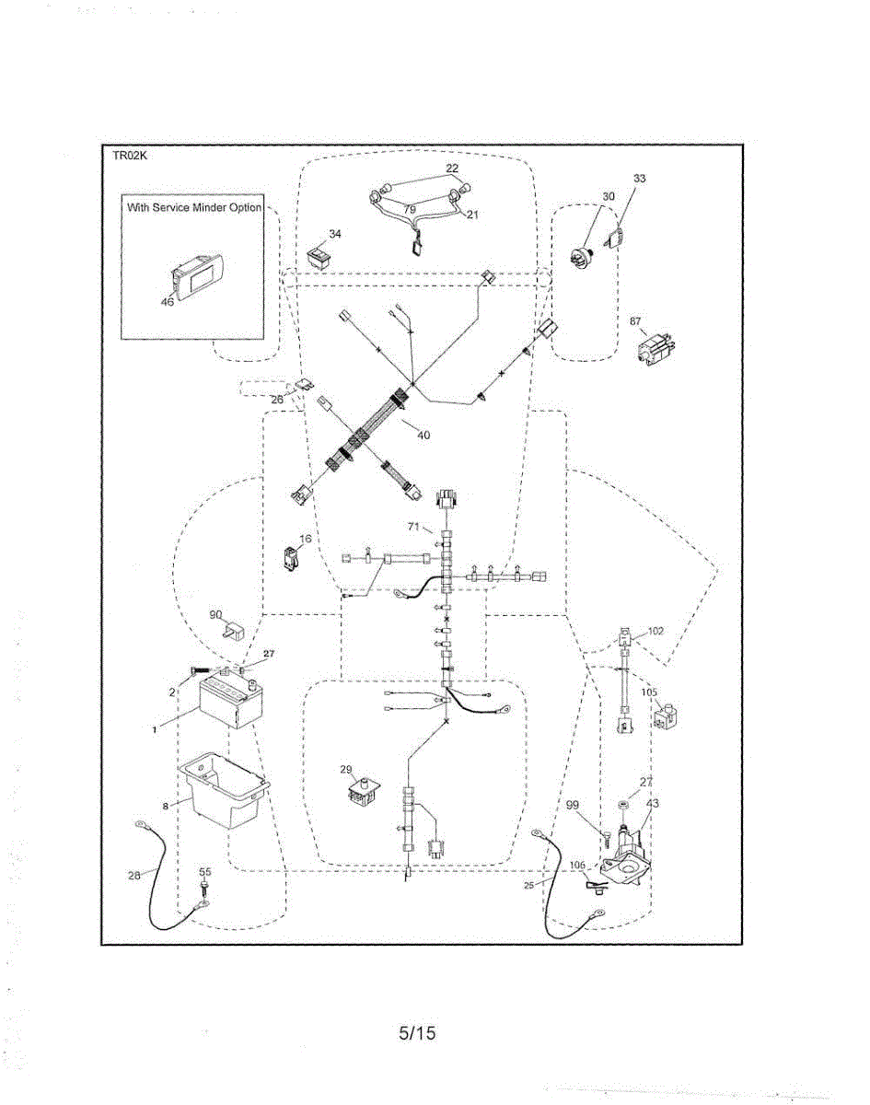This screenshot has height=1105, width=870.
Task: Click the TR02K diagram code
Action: (x=130, y=156)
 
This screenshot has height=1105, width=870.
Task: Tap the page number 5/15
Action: (x=417, y=1032)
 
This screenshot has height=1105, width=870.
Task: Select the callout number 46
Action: (x=168, y=302)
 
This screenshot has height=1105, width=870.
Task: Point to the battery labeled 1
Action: (x=227, y=702)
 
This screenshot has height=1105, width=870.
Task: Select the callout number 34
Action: (x=335, y=234)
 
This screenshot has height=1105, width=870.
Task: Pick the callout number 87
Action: (x=635, y=321)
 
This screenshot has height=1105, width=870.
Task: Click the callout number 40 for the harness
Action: (x=423, y=435)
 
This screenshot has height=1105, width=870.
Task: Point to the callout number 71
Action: (x=413, y=527)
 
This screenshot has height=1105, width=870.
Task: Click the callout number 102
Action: (x=655, y=631)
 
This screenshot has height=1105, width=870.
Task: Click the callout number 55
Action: (x=205, y=871)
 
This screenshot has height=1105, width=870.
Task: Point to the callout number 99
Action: (x=572, y=805)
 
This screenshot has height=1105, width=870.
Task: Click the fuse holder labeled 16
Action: (x=291, y=558)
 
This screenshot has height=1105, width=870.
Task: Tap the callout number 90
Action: (x=215, y=614)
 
